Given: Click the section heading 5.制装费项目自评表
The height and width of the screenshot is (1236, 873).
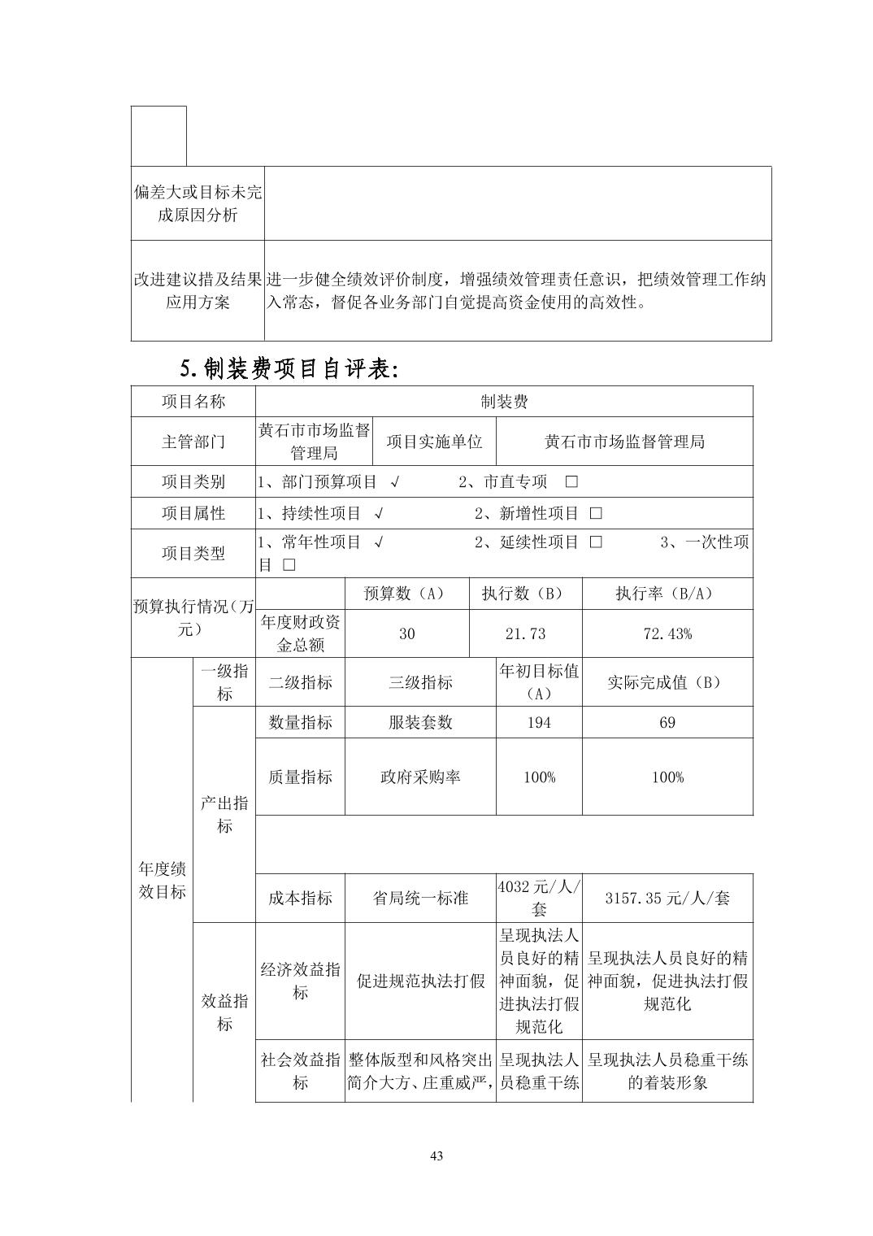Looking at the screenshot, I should click(x=289, y=369).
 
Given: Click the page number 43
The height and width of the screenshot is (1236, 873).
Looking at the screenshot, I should click(x=436, y=1156).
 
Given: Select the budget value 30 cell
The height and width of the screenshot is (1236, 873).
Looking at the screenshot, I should click(x=407, y=633).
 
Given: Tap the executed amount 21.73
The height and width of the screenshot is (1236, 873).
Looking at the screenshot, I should click(x=525, y=633).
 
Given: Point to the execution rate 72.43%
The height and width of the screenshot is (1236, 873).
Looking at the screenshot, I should click(x=667, y=633).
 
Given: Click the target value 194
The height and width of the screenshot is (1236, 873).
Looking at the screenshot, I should click(x=539, y=722).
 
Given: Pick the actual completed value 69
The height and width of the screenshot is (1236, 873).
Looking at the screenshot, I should click(x=667, y=722).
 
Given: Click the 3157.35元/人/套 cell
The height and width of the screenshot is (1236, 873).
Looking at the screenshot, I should click(x=667, y=899).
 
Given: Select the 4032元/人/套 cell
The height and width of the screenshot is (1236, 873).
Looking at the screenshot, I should click(x=539, y=898).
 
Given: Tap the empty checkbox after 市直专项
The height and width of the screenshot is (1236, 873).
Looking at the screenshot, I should click(x=571, y=481).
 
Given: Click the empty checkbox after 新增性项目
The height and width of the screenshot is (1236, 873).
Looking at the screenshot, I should click(x=596, y=513).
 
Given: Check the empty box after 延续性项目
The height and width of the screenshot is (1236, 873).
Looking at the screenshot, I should click(x=596, y=542).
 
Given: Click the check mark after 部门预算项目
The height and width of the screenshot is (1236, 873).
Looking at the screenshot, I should click(x=394, y=481).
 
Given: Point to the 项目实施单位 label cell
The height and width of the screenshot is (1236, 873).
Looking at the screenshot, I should click(x=434, y=442).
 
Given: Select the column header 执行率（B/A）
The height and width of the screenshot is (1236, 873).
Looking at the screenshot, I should click(x=667, y=594).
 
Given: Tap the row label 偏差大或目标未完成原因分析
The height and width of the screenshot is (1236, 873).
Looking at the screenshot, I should click(x=198, y=203).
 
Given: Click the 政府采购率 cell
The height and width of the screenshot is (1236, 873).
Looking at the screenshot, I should click(x=420, y=777).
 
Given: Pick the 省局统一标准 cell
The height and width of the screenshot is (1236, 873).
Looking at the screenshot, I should click(x=420, y=899).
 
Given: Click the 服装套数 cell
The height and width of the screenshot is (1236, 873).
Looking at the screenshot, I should click(x=420, y=722).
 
